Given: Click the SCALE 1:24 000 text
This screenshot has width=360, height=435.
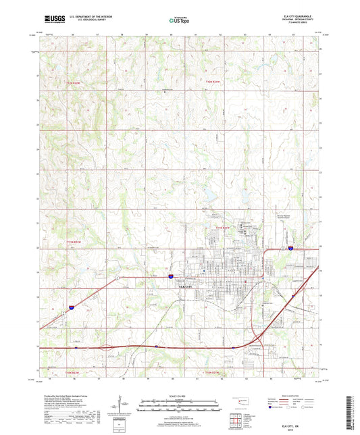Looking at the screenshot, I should click(180, 395).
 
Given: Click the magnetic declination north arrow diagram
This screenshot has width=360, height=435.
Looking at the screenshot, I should click(122, 406).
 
